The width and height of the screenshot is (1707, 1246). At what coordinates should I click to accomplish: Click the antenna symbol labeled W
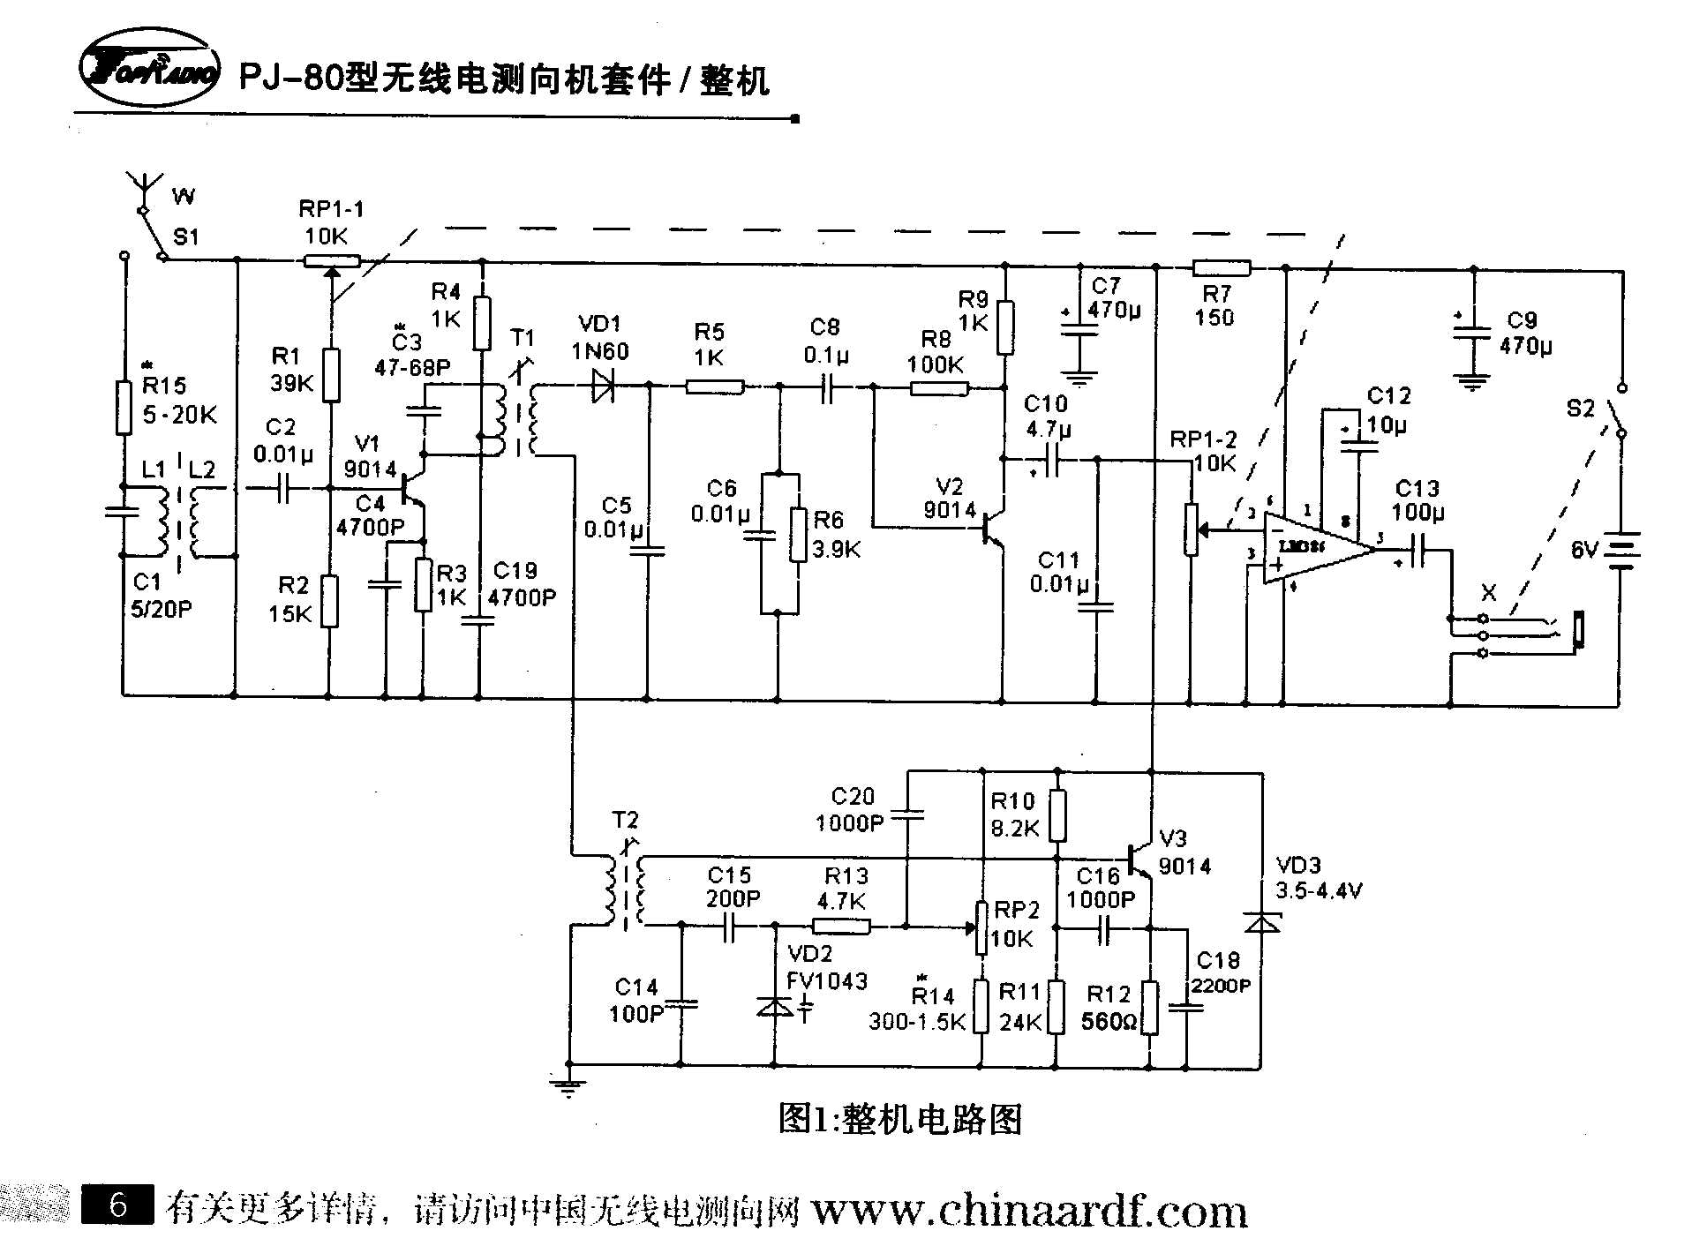point(144,190)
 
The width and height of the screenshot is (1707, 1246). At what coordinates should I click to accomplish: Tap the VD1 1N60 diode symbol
point(603,386)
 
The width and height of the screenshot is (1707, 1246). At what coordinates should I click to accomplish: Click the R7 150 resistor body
point(1221,267)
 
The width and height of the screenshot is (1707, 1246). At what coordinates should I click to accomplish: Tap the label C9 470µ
point(1524,333)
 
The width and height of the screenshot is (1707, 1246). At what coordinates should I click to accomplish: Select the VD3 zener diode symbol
point(1262,922)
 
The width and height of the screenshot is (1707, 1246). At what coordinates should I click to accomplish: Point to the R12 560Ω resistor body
point(1149,1006)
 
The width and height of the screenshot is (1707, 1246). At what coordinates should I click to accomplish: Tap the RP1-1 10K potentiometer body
point(332,260)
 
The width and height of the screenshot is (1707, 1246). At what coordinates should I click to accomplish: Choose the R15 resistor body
point(124,407)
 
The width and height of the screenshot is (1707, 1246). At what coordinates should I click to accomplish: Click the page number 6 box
point(117,1205)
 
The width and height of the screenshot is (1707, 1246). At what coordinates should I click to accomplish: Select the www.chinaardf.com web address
point(1028,1211)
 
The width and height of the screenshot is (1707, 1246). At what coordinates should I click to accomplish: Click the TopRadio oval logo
point(148,69)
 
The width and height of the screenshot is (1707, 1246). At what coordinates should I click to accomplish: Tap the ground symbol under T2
point(569,1086)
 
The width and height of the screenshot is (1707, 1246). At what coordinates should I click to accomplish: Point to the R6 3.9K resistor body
point(798,535)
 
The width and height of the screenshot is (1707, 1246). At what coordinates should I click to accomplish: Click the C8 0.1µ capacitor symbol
point(826,387)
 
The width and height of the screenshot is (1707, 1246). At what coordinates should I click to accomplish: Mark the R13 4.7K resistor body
point(840,926)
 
